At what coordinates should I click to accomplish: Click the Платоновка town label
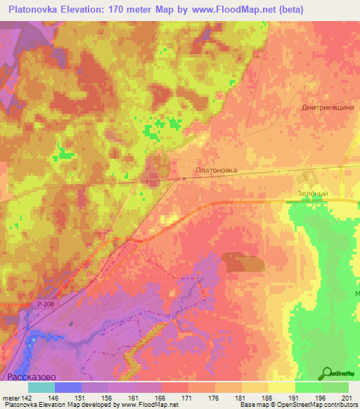[216, 170]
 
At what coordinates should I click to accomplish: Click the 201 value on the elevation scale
[346, 397]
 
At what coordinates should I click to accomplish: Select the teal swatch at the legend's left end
[41, 387]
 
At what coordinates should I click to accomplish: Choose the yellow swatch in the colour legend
[281, 387]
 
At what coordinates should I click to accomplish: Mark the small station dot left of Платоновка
[184, 178]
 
